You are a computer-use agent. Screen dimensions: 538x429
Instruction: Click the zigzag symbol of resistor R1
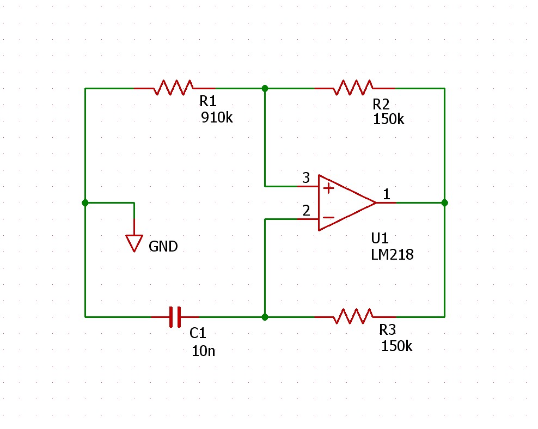coord(174,88)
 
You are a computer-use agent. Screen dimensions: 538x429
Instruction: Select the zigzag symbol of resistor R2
coord(353,88)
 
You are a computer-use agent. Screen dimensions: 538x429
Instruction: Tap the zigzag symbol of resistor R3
coord(353,316)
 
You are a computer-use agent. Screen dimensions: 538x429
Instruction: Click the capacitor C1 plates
coord(175,317)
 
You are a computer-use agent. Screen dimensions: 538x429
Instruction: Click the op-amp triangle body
coord(347,203)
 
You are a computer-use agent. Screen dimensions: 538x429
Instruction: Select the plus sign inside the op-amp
coord(328,188)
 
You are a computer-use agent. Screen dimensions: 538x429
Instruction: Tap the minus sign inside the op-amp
coord(328,217)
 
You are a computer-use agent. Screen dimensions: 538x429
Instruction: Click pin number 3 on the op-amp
coord(306,177)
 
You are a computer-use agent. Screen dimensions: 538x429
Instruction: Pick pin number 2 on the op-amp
coord(306,210)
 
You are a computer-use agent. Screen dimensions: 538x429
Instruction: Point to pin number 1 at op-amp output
coord(387,194)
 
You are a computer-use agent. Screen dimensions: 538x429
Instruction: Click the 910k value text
coord(217,118)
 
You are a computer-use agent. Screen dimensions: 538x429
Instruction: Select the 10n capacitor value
coord(204,351)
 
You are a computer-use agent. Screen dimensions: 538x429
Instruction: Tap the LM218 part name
coord(392,254)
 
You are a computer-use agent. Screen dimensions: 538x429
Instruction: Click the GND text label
coord(163,246)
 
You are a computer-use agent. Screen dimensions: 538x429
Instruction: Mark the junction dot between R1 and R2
coord(265,89)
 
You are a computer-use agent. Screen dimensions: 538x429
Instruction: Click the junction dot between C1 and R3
coord(265,317)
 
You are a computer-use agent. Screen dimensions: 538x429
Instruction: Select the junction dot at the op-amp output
coord(445,203)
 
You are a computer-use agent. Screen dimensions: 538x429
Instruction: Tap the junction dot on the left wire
coord(85,203)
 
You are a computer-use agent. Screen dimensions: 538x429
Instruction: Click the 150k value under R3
coord(396,346)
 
